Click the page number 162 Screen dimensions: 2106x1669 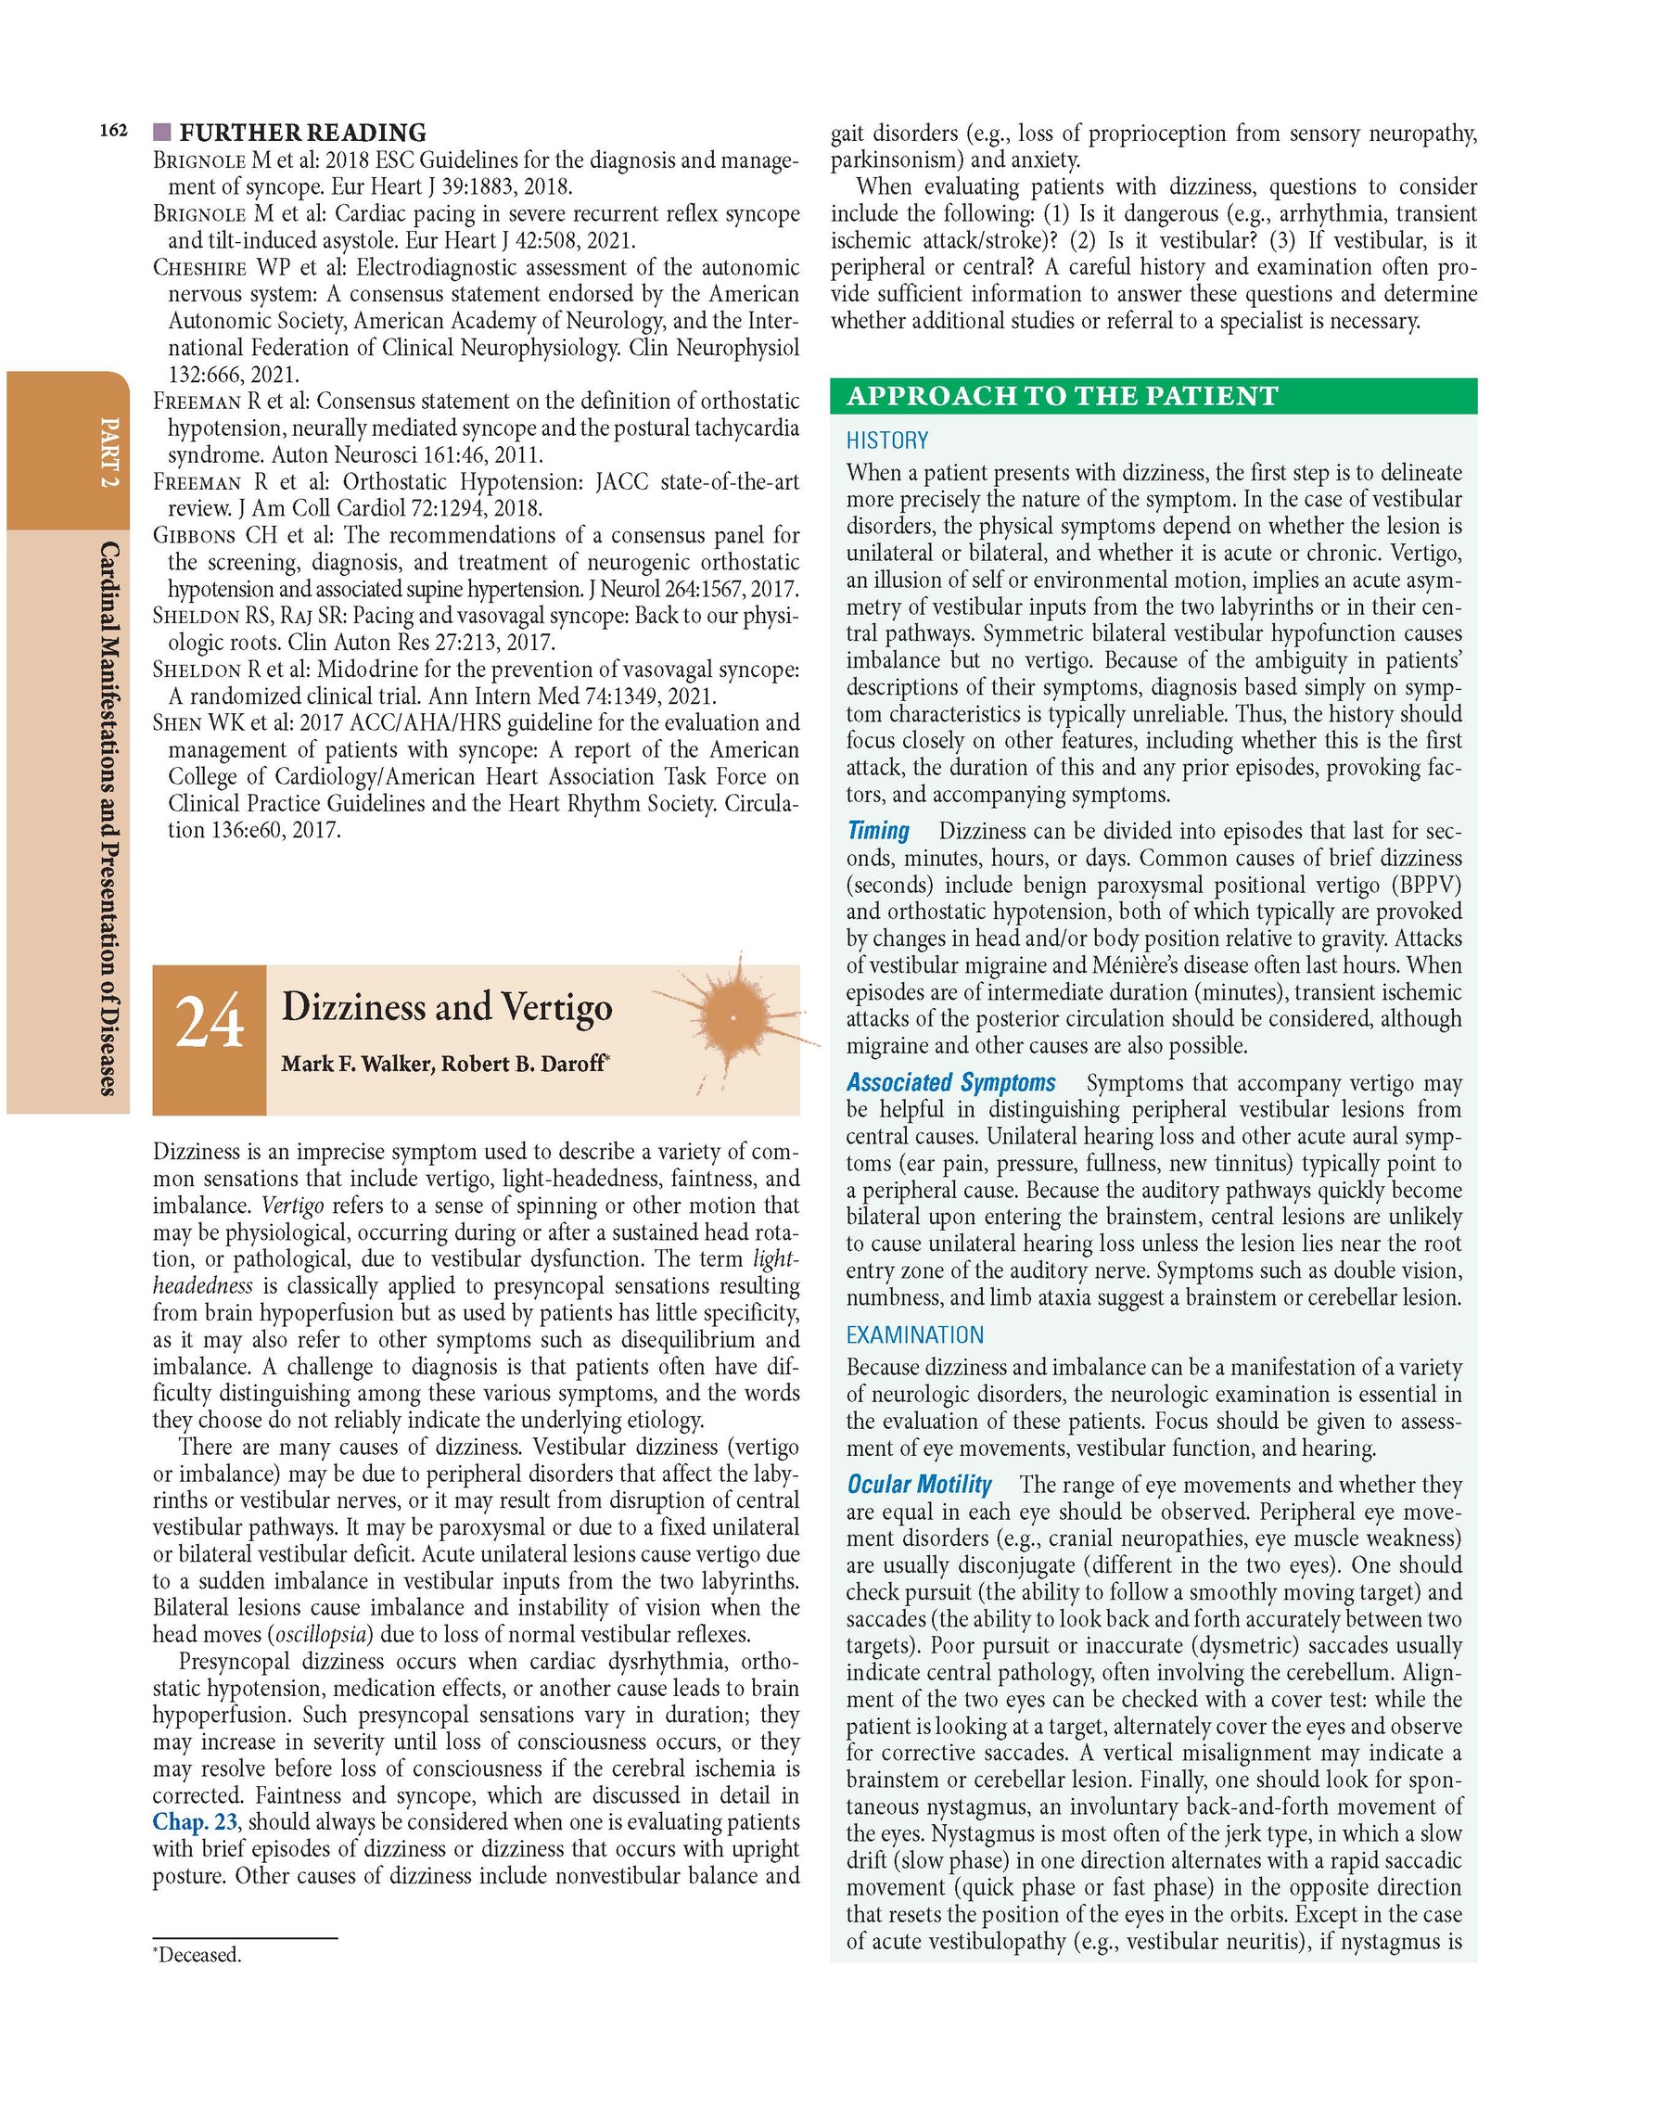click(113, 131)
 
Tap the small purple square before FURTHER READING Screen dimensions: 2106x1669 click(162, 131)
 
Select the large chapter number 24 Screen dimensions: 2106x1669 click(209, 1022)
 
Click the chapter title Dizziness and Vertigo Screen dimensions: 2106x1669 click(446, 1007)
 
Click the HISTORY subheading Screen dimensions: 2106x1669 click(886, 440)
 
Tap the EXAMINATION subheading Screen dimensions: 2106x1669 click(914, 1335)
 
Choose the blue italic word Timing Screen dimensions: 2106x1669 click(878, 831)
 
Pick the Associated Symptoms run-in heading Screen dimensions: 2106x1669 click(950, 1082)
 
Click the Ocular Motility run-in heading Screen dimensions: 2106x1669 click(918, 1485)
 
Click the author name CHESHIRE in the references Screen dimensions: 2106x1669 click(199, 268)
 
